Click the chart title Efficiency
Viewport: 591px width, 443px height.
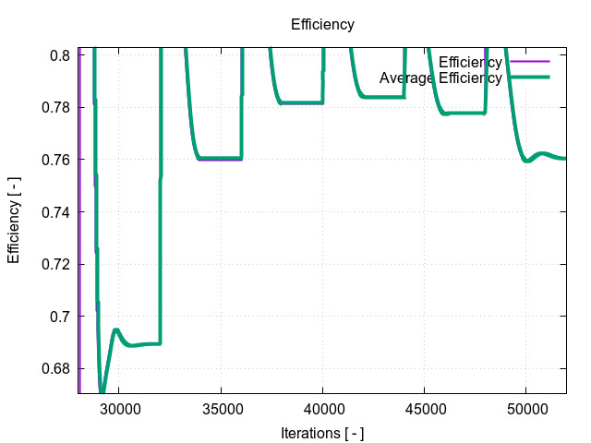click(322, 24)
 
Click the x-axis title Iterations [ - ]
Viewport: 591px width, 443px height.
click(322, 432)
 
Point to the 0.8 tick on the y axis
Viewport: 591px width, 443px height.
click(61, 55)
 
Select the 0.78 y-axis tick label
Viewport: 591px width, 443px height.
click(57, 107)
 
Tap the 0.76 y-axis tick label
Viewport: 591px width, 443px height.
click(57, 160)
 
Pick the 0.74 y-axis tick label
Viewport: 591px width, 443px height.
click(57, 212)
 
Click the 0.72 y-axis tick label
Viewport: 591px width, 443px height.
click(57, 264)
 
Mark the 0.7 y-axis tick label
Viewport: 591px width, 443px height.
click(61, 317)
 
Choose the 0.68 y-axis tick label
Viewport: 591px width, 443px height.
click(57, 369)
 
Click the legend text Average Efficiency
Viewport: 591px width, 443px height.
click(440, 78)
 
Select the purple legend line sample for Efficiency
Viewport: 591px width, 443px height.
click(529, 62)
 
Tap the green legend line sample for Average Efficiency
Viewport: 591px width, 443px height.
click(529, 78)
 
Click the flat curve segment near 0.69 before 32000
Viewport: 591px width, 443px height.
click(143, 344)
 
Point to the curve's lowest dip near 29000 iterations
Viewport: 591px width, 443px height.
click(102, 389)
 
